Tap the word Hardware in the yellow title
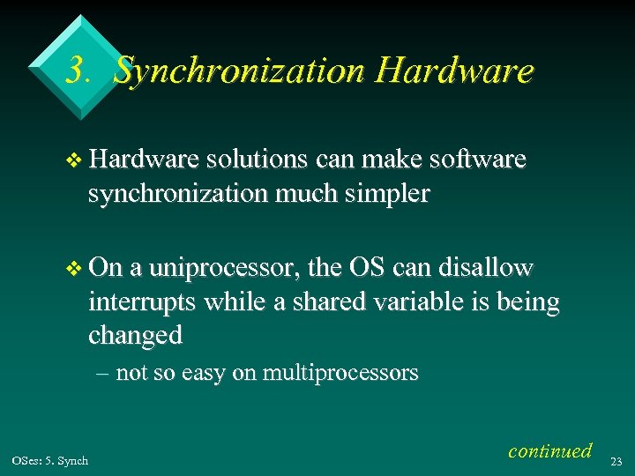click(x=453, y=71)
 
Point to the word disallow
click(x=489, y=268)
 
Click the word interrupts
click(x=143, y=301)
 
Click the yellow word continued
click(x=549, y=450)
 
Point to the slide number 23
click(x=617, y=460)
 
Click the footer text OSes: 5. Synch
click(x=50, y=460)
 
